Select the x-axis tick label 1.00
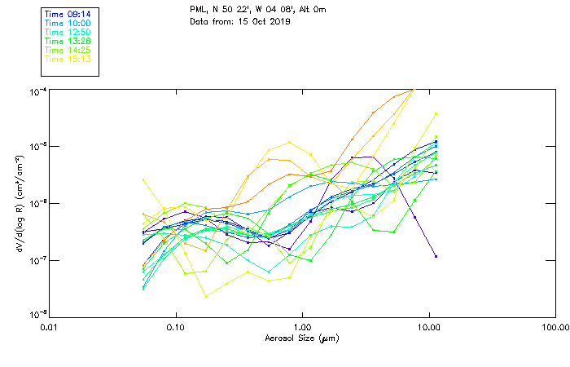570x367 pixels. click(x=302, y=326)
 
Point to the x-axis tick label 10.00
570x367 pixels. click(x=428, y=326)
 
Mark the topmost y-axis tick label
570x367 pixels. click(x=37, y=91)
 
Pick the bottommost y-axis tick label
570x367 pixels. click(x=37, y=315)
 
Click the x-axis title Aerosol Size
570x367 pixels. click(x=301, y=338)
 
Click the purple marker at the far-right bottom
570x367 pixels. click(x=436, y=256)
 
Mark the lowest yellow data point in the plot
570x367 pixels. click(x=206, y=296)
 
